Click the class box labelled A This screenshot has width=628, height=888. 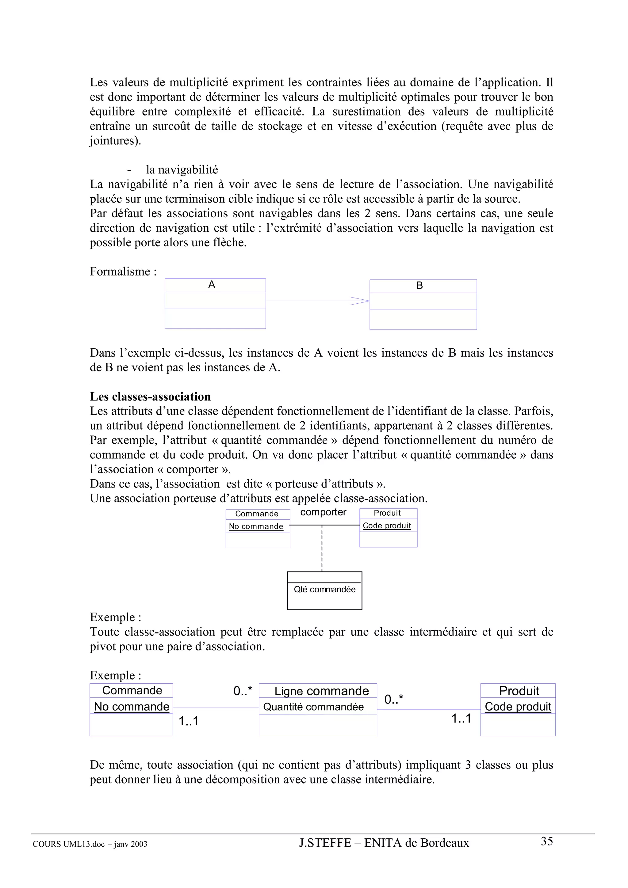[x=215, y=303]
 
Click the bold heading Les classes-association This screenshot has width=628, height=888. [x=150, y=397]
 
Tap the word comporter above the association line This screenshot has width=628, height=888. [x=323, y=512]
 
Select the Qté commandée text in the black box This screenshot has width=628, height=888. [x=324, y=590]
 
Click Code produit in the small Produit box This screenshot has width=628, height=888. [x=387, y=526]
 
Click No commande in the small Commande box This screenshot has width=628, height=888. [x=256, y=526]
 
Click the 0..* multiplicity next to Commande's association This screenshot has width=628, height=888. [x=243, y=691]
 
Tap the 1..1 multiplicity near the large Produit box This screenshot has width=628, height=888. [x=461, y=719]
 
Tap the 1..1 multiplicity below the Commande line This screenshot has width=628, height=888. [x=189, y=721]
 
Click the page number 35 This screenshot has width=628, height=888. [x=546, y=841]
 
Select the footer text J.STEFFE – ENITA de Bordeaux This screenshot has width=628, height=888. [x=384, y=843]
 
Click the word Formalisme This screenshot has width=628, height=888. [x=120, y=271]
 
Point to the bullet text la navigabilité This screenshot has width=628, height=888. [x=182, y=170]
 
